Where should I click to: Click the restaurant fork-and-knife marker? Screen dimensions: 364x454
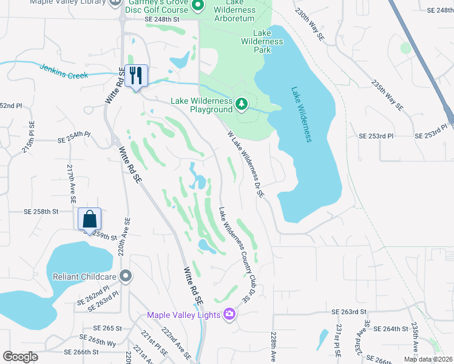[x=135, y=76]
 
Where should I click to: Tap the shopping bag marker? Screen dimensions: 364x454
[x=89, y=219]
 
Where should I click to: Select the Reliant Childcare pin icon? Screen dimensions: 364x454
[x=126, y=277]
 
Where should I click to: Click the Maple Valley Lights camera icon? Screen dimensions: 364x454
[x=229, y=314]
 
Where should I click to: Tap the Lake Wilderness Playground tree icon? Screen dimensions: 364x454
[x=242, y=104]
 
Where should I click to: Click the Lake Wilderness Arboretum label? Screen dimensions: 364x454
[x=235, y=13]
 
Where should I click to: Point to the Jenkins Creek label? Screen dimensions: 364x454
[x=64, y=71]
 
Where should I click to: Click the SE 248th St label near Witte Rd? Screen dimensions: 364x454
[x=163, y=19]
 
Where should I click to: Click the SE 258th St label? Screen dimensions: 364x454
[x=41, y=212]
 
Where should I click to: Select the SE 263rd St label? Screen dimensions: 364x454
[x=350, y=311]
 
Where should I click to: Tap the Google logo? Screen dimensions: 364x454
[x=20, y=357]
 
